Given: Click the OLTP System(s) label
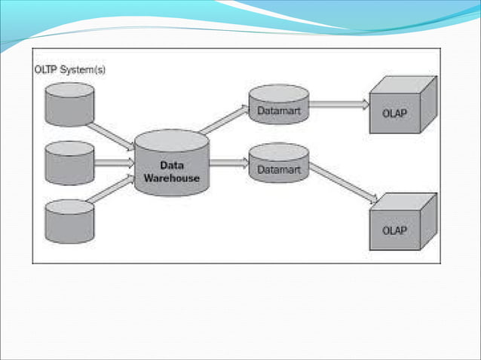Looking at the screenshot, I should click(x=70, y=70).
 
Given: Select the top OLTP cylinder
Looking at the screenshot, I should click(x=69, y=105).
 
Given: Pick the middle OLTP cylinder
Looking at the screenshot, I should click(x=69, y=163).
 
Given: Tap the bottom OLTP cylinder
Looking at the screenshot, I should click(x=69, y=220).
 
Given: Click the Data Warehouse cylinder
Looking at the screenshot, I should click(x=172, y=164).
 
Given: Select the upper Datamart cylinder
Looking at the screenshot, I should click(x=279, y=105).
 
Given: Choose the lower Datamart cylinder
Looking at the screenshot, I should click(x=279, y=163).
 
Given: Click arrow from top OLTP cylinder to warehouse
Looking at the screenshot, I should click(x=112, y=136).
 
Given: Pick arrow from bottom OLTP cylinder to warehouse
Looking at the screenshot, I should click(x=112, y=190).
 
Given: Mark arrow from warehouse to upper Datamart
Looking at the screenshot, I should click(x=224, y=121).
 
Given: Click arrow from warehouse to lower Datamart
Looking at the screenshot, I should click(x=228, y=162).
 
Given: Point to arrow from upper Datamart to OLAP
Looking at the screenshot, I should click(x=339, y=105).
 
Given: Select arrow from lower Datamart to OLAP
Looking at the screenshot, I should click(x=343, y=183).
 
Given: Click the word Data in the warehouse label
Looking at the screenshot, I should click(x=173, y=165).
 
